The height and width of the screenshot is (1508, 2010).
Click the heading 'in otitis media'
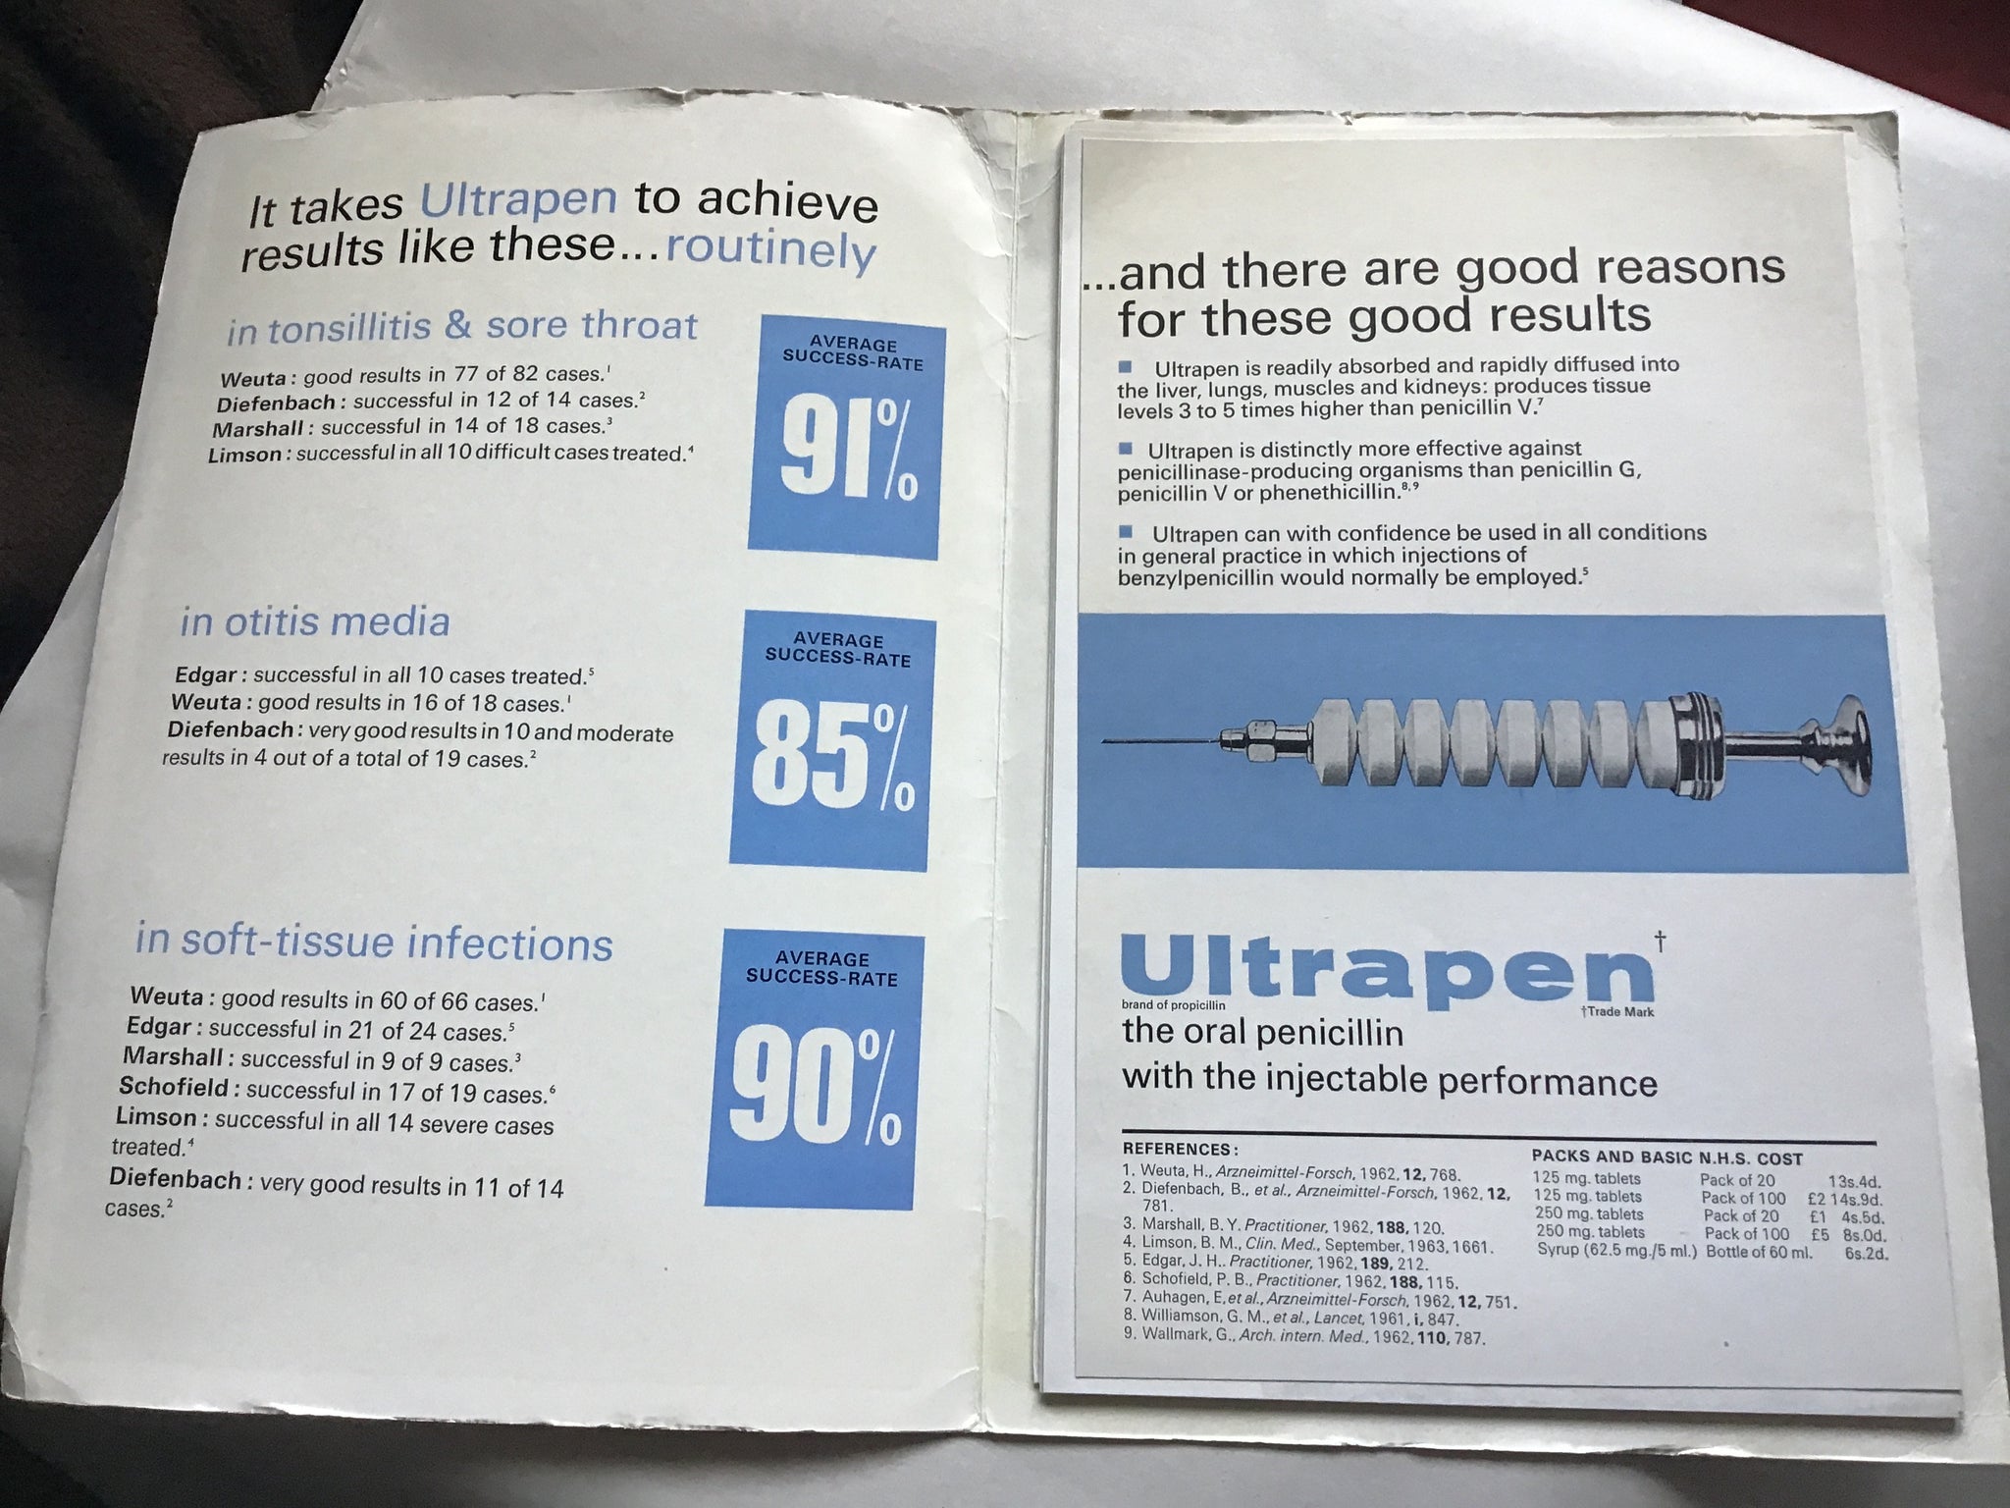click(x=315, y=621)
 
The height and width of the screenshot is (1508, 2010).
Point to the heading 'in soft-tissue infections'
click(x=374, y=942)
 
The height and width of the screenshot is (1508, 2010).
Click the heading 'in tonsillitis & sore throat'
click(x=462, y=327)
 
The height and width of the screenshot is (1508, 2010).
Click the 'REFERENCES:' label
click(x=1180, y=1149)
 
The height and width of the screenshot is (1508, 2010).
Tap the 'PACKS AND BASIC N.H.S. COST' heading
click(x=1666, y=1158)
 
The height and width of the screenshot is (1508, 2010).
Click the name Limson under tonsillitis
click(x=247, y=455)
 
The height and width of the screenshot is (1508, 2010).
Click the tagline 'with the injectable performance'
click(x=1390, y=1080)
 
